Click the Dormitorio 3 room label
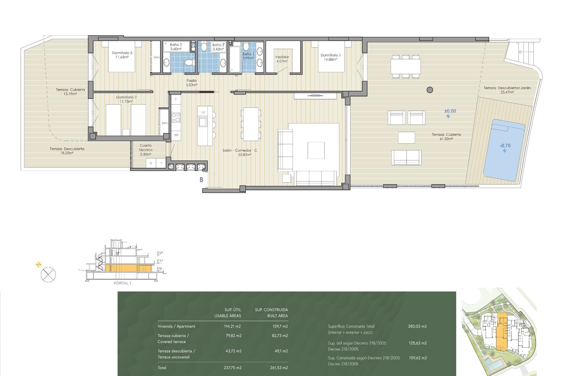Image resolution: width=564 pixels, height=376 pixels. [122, 55]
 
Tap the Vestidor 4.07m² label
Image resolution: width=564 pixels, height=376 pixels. [282, 59]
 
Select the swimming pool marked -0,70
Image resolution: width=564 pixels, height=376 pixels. [504, 150]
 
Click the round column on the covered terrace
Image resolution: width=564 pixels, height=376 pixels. [430, 90]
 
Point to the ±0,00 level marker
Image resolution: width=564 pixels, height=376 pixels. [450, 111]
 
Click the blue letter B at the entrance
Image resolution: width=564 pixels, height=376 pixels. [202, 179]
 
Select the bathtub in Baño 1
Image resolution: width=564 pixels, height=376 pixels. [235, 60]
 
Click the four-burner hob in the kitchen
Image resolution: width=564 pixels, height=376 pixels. [176, 117]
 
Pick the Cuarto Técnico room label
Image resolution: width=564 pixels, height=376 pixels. [145, 150]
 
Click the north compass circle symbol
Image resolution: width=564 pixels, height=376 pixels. [48, 275]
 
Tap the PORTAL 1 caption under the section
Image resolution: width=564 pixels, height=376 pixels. [122, 283]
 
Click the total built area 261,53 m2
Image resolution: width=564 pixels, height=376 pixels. [279, 368]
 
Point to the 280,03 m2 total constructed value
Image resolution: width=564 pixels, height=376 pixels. [417, 326]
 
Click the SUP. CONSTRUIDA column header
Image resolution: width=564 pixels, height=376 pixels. [271, 310]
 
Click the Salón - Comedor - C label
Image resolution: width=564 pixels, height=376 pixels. [240, 150]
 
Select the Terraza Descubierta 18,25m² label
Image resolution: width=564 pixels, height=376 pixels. [67, 151]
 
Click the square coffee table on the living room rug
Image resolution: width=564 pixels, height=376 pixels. [316, 150]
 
